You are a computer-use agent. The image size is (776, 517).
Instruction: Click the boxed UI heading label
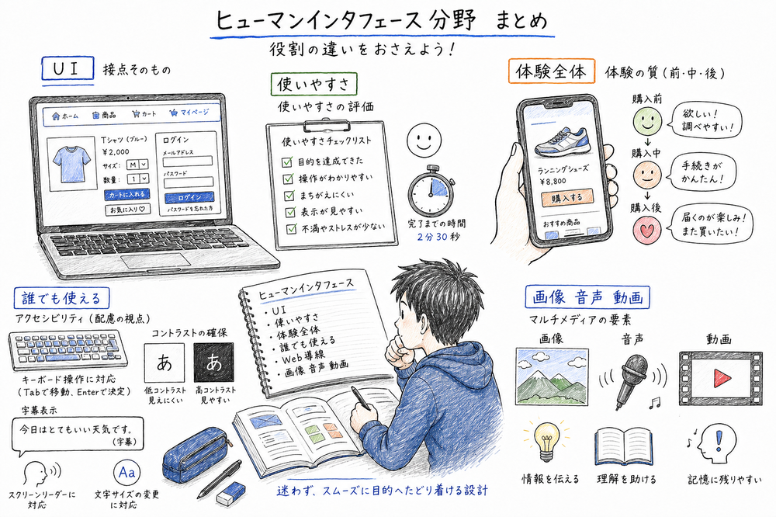[x=67, y=69]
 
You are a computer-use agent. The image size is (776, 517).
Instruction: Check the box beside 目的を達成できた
[x=289, y=161]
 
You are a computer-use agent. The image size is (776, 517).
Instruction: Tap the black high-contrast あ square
[x=213, y=362]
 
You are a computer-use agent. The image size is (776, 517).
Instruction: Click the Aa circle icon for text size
[x=128, y=471]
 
